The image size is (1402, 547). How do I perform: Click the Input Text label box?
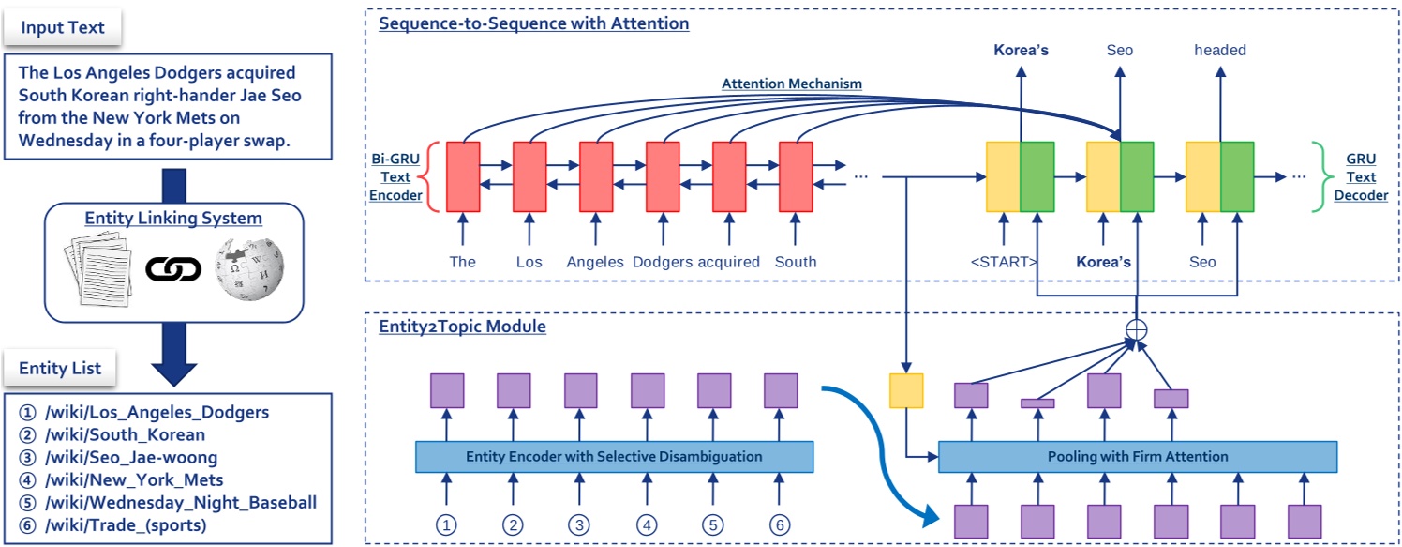pos(62,27)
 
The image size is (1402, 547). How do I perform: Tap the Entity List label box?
pos(60,368)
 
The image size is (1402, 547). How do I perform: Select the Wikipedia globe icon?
pos(249,268)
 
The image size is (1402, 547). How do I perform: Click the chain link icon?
pos(173,269)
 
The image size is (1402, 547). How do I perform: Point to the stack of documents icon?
pos(98,269)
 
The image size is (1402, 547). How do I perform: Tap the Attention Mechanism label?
pos(792,84)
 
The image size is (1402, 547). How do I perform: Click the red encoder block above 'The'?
pos(463,176)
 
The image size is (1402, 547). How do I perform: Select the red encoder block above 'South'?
pos(796,176)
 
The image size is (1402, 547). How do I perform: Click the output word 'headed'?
pos(1220,50)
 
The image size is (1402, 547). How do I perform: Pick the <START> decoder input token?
pos(1004,262)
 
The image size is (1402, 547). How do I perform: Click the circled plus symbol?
pos(1137,329)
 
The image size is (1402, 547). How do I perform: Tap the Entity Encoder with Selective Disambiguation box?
pos(615,457)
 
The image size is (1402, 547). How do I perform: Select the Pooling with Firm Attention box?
pos(1138,457)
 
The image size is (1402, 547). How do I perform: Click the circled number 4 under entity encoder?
pos(647,525)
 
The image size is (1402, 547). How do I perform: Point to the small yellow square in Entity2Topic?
pos(906,390)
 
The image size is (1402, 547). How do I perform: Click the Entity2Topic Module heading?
pos(463,327)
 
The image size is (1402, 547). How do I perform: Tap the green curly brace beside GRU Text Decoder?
pos(1320,176)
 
